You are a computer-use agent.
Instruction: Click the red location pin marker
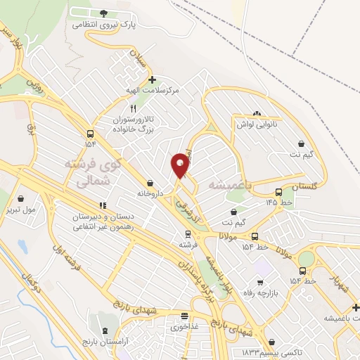(180, 166)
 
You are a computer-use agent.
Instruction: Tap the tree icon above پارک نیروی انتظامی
(104, 13)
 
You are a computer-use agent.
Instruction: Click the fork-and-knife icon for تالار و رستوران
(124, 108)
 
